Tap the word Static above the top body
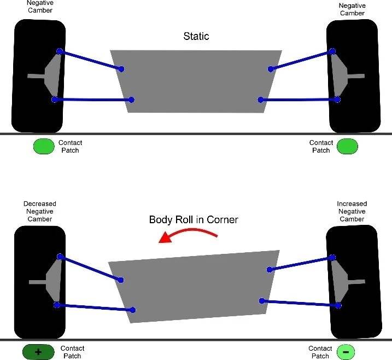coord(196,37)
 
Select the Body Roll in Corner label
coord(194,220)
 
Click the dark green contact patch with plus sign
coord(38,352)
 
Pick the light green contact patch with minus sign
coord(346,352)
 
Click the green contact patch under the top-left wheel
coord(43,146)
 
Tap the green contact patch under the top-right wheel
coord(347,146)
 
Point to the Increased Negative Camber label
coord(352,211)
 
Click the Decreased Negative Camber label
coord(39,211)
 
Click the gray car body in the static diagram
coord(196,82)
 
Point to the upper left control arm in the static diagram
coord(90,60)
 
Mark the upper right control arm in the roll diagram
coord(300,263)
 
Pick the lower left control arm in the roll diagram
coord(94,306)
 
